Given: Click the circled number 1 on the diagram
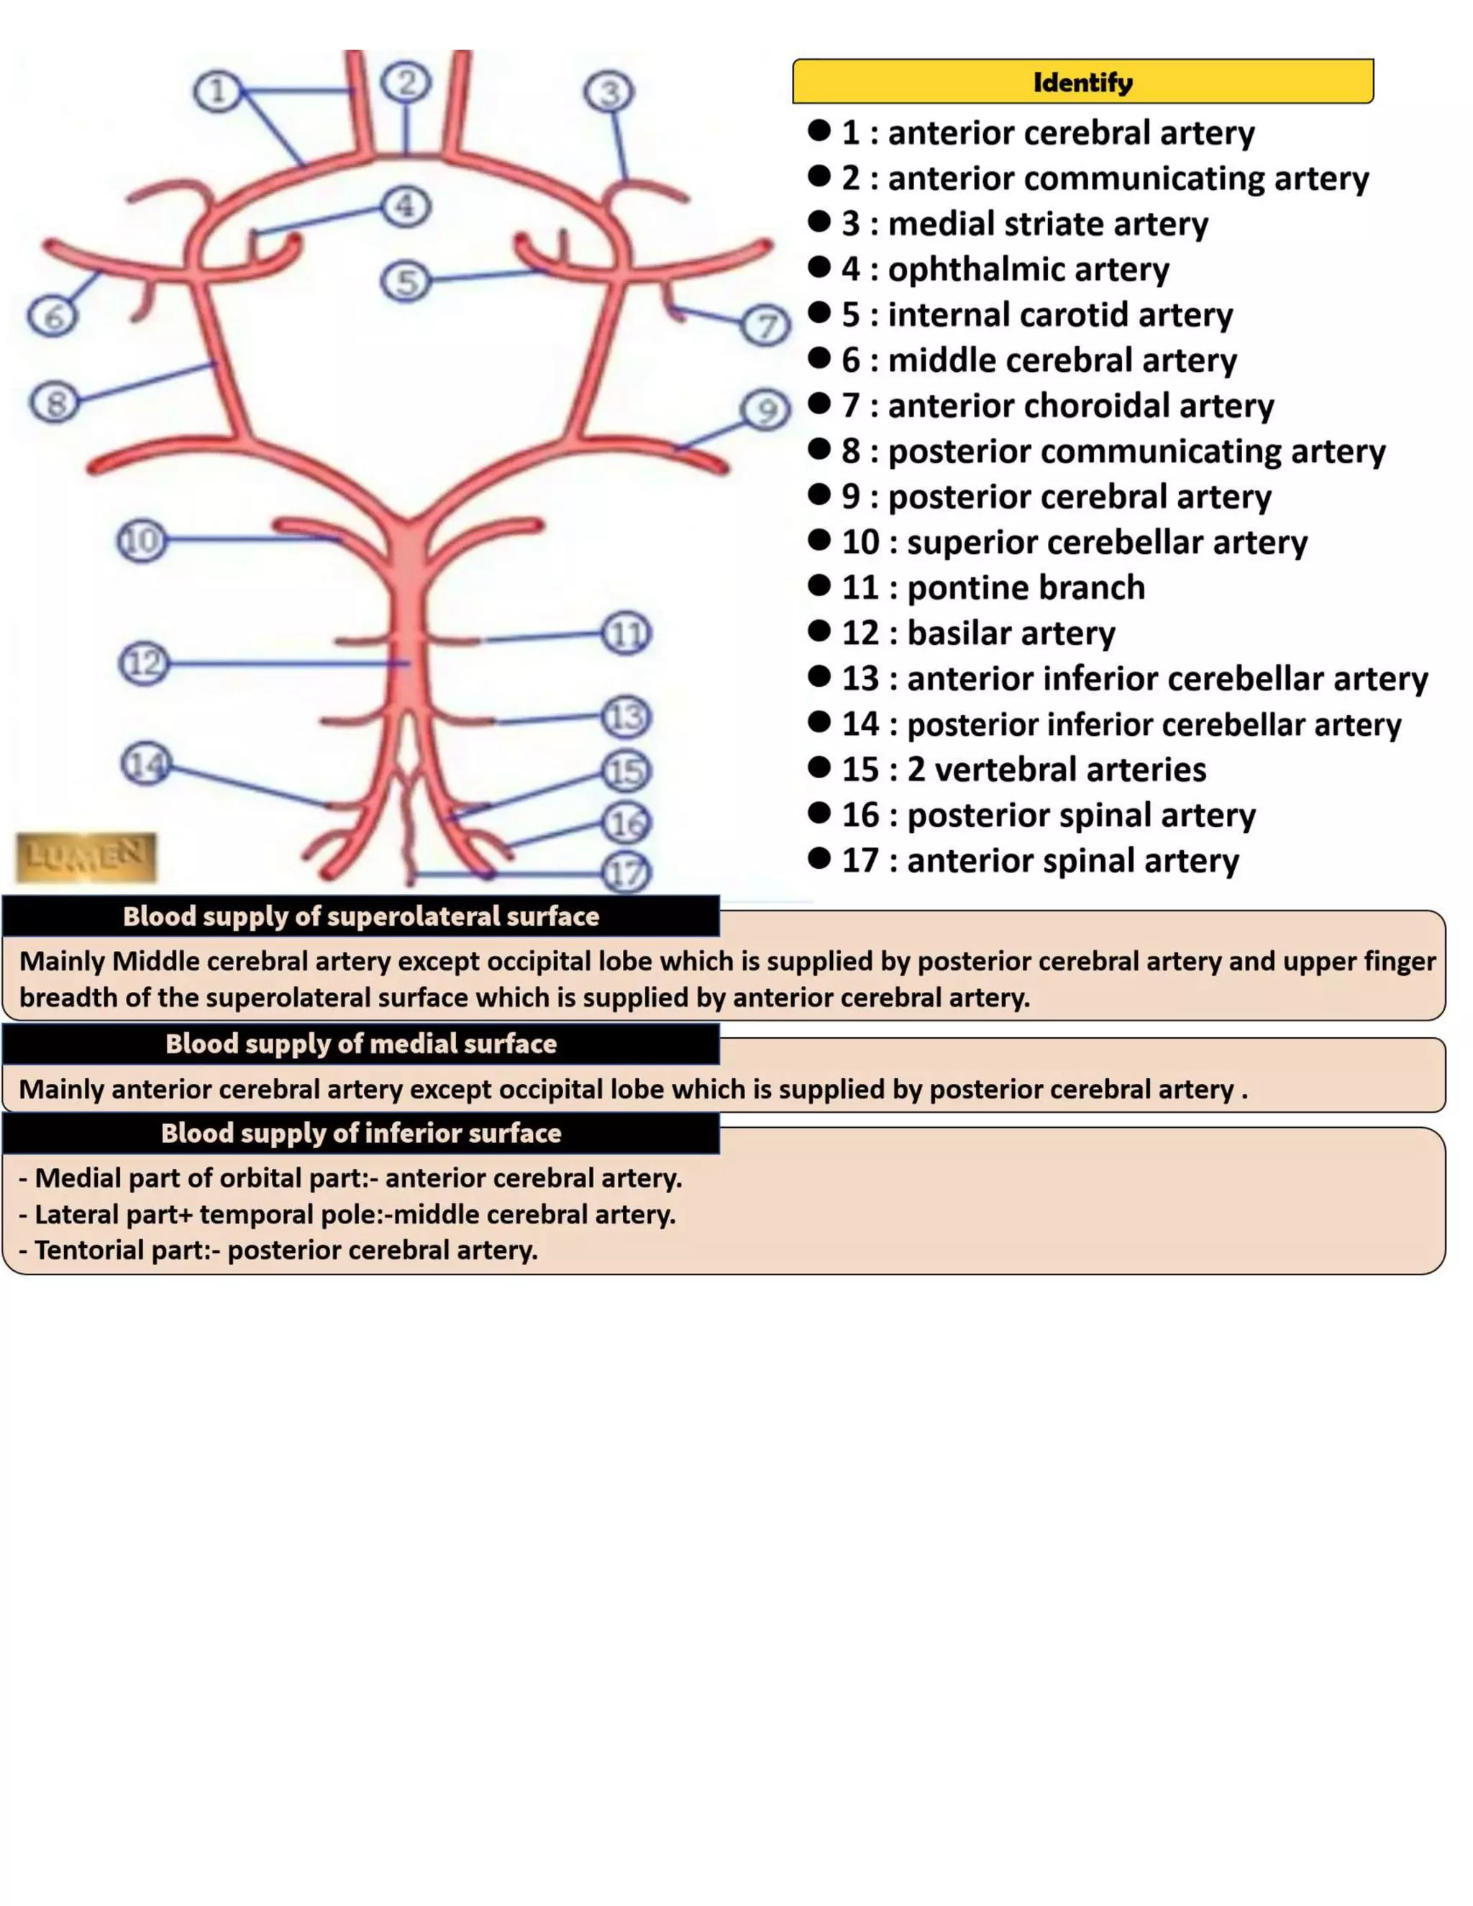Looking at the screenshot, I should coord(217,91).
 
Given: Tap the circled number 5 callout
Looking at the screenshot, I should coord(406,282).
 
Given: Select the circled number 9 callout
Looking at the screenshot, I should coord(765,409).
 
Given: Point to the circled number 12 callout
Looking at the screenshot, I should coord(144,664).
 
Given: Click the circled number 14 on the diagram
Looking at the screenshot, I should coord(146,764).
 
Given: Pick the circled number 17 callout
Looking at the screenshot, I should coord(626,872).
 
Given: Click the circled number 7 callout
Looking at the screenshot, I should coord(765,326).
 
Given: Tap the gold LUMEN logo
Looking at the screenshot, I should coord(86,857).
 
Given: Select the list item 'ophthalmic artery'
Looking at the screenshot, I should coord(1027,269).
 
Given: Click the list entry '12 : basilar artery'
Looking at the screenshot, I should coord(977,633).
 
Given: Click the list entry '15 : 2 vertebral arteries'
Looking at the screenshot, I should coord(1023,770).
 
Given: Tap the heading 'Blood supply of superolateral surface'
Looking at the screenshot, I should coord(360,916).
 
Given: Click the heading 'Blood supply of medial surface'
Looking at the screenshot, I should coord(360,1044).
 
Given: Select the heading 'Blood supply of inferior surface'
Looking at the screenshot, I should coord(360,1133).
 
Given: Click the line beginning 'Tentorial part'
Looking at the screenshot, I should coord(278,1251).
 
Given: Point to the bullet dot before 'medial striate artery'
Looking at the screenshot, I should coord(818,222).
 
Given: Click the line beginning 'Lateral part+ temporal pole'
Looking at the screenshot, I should coord(347,1214).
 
